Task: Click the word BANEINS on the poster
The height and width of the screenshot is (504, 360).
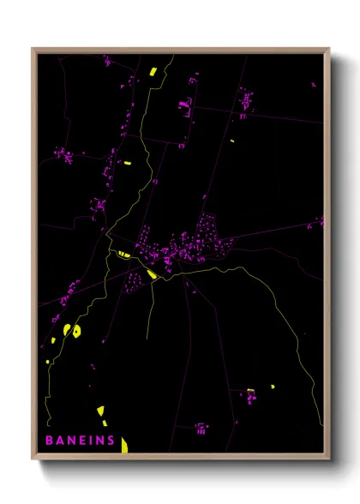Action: coord(80,441)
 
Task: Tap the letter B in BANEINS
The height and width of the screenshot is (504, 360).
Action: coord(50,441)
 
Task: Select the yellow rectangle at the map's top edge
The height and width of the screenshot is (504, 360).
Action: coord(152,72)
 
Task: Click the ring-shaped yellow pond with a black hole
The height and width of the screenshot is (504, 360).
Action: coord(76,331)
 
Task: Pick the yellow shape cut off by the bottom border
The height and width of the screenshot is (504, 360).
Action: coord(124,444)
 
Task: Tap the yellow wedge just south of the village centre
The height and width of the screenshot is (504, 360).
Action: coord(152,274)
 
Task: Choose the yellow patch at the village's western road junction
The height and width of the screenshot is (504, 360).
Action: coord(123,254)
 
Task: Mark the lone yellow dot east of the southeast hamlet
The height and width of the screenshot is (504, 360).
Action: coord(273,387)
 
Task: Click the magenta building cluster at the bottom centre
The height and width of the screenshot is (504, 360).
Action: coord(201,426)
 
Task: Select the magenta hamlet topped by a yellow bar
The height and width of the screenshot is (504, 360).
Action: coord(250,396)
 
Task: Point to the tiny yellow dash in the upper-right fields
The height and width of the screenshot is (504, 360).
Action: coord(231,141)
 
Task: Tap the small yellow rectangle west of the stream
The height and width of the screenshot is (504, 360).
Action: coord(126,163)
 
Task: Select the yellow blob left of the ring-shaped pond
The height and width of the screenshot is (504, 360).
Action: coord(66,328)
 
